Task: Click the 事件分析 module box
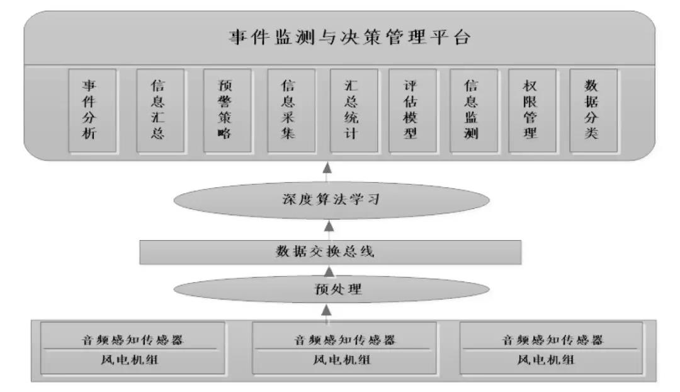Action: point(92,110)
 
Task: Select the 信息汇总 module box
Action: point(160,110)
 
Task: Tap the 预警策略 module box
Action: point(227,110)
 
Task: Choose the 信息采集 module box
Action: point(291,110)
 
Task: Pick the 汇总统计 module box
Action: point(354,110)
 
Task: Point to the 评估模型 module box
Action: point(412,110)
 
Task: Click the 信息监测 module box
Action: point(473,110)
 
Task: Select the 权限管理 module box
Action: point(532,110)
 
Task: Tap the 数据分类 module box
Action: point(593,110)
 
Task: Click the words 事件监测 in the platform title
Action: point(272,37)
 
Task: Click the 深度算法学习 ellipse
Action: point(331,200)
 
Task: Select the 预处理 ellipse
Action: point(331,289)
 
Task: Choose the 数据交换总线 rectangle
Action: point(331,252)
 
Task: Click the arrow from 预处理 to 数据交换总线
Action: point(329,271)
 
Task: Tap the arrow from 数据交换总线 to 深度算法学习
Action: point(329,230)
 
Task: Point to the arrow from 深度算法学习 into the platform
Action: point(327,171)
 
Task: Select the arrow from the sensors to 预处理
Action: point(327,313)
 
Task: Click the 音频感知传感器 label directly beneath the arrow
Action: point(345,340)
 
